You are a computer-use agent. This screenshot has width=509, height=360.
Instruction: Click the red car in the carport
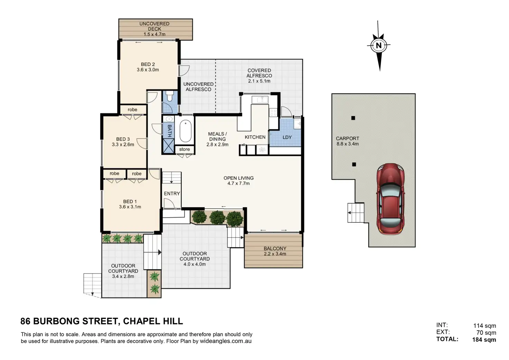(390, 199)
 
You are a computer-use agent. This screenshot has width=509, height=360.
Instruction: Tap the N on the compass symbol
(379, 45)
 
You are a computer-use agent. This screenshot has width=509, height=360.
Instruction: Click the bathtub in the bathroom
(185, 131)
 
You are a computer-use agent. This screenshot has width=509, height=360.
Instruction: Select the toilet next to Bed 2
(169, 96)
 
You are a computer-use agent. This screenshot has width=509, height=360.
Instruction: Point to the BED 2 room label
(148, 64)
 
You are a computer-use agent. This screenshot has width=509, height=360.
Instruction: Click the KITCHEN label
(255, 137)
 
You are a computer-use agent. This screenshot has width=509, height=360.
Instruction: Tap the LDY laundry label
(287, 137)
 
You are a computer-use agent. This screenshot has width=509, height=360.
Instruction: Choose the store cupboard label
(184, 149)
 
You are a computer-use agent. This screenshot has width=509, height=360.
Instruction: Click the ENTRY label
(172, 193)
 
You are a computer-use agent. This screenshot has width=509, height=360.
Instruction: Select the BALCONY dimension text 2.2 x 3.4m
(275, 253)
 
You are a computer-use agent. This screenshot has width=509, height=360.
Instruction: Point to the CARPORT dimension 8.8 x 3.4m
(348, 144)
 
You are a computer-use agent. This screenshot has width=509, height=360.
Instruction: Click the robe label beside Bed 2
(132, 110)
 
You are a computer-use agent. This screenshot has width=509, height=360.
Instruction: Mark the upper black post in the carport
(353, 118)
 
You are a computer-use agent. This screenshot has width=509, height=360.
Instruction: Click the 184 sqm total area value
(484, 340)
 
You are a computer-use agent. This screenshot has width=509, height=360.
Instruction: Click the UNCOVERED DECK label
(154, 26)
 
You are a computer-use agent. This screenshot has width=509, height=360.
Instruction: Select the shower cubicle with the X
(168, 146)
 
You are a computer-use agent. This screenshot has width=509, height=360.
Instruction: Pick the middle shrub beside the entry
(217, 218)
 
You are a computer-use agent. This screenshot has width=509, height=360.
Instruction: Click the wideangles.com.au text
(226, 341)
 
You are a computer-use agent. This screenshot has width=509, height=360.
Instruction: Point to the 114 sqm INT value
(485, 326)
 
